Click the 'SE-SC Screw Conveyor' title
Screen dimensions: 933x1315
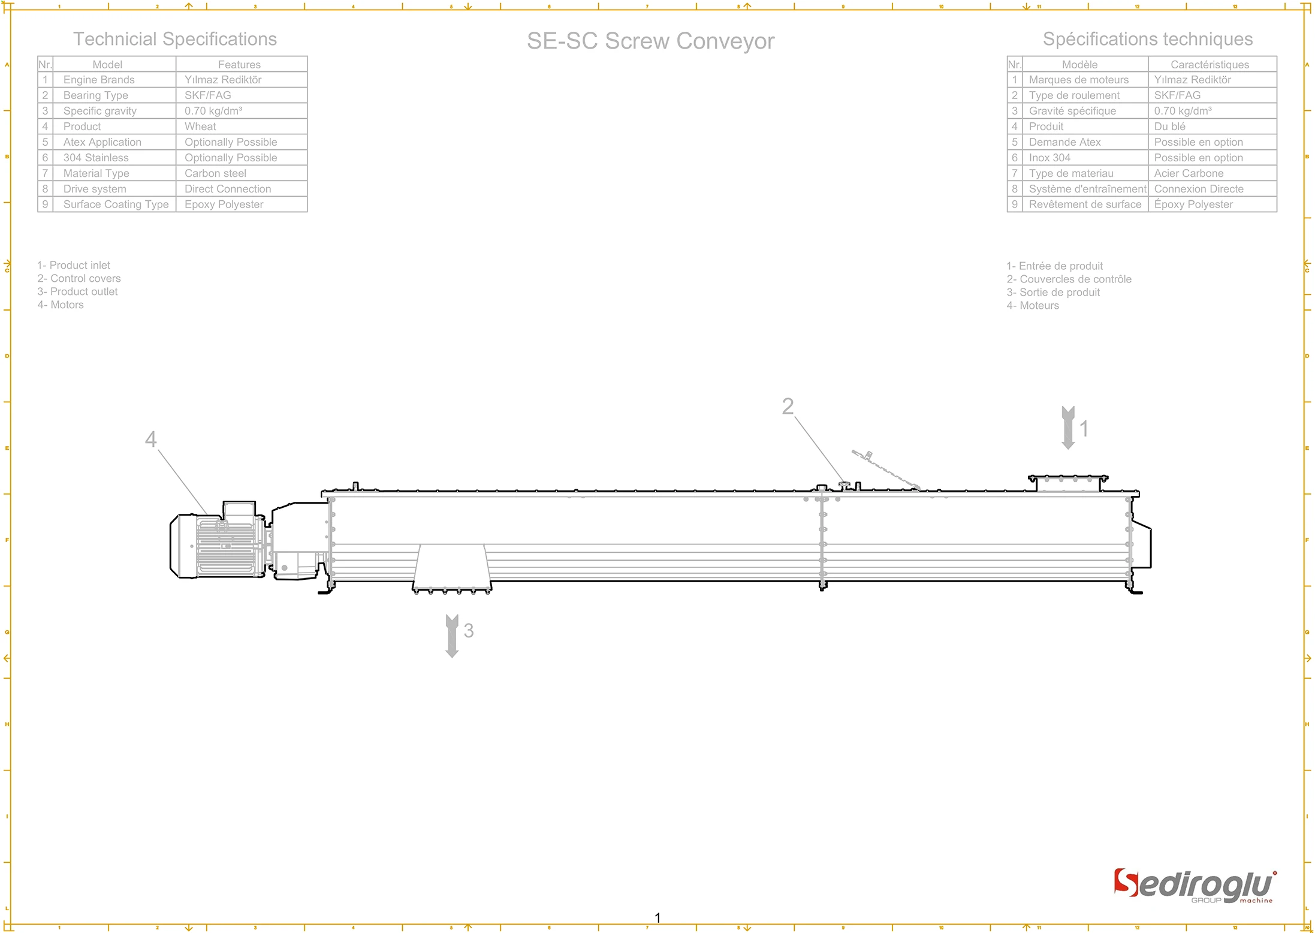[650, 41]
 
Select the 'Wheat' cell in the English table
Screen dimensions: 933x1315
[200, 127]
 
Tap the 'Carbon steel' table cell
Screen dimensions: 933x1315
[215, 173]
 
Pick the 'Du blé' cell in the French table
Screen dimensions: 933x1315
[1169, 127]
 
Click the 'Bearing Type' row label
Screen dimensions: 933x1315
[96, 95]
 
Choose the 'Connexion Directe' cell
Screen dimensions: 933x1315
[1199, 189]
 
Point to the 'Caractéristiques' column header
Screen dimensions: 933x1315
[1210, 64]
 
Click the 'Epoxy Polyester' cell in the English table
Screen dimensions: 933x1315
[224, 204]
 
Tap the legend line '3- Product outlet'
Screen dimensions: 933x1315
[78, 292]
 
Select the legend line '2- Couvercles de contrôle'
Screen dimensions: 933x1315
[1069, 279]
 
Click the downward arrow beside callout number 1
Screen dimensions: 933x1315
[1067, 428]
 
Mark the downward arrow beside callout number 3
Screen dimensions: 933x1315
[452, 636]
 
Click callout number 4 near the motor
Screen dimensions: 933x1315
[151, 439]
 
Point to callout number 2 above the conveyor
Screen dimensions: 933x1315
[788, 407]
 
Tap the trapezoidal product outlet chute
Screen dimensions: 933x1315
[452, 567]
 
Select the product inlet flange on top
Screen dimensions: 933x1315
[1067, 482]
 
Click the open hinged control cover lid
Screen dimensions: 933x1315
[885, 470]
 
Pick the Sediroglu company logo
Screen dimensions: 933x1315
[1195, 886]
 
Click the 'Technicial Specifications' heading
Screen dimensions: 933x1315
[175, 40]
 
